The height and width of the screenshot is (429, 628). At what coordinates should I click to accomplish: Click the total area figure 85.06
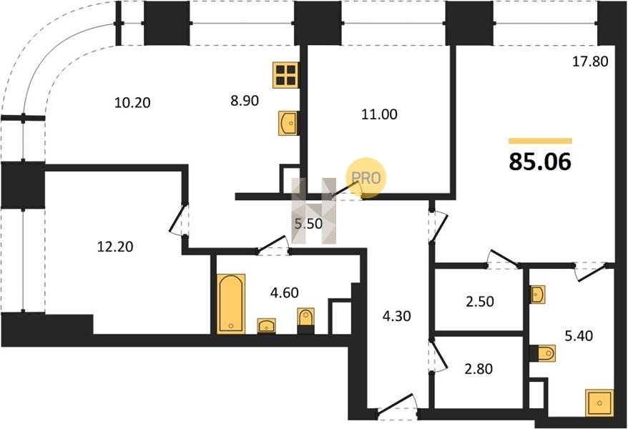pos(540,162)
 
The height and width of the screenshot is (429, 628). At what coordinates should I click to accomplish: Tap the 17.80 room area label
pos(590,61)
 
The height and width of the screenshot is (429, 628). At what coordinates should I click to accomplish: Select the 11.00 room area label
pos(379,114)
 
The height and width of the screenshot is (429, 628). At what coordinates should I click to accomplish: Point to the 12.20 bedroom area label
pos(115,247)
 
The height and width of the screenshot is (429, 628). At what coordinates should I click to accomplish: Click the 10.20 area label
pos(132,103)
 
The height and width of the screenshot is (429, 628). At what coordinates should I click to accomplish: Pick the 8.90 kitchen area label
pos(245,100)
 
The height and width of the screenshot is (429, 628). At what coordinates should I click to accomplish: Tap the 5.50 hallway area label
pos(308,224)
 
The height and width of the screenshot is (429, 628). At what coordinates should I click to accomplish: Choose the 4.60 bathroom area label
pos(285,292)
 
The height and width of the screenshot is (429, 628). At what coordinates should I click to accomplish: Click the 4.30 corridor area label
pos(396,316)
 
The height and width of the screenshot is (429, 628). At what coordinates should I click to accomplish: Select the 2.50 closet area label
pos(480,301)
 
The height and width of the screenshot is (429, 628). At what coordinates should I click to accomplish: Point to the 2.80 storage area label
pos(479,368)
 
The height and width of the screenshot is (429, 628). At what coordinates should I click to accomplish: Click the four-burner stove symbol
pos(285,75)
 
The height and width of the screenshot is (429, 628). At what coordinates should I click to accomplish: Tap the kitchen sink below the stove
pos(288,123)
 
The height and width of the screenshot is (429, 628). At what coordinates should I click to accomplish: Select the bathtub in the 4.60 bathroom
pos(231,304)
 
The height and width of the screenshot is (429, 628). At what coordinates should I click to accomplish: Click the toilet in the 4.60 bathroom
pos(306,321)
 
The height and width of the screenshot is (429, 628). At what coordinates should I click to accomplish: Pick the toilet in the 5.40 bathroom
pos(543,353)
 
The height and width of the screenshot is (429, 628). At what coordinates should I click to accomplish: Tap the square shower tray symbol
pos(599,403)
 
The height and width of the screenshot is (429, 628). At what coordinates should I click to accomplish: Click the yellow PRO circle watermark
pos(366,178)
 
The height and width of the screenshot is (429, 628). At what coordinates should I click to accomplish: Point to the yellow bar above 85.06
pos(540,141)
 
